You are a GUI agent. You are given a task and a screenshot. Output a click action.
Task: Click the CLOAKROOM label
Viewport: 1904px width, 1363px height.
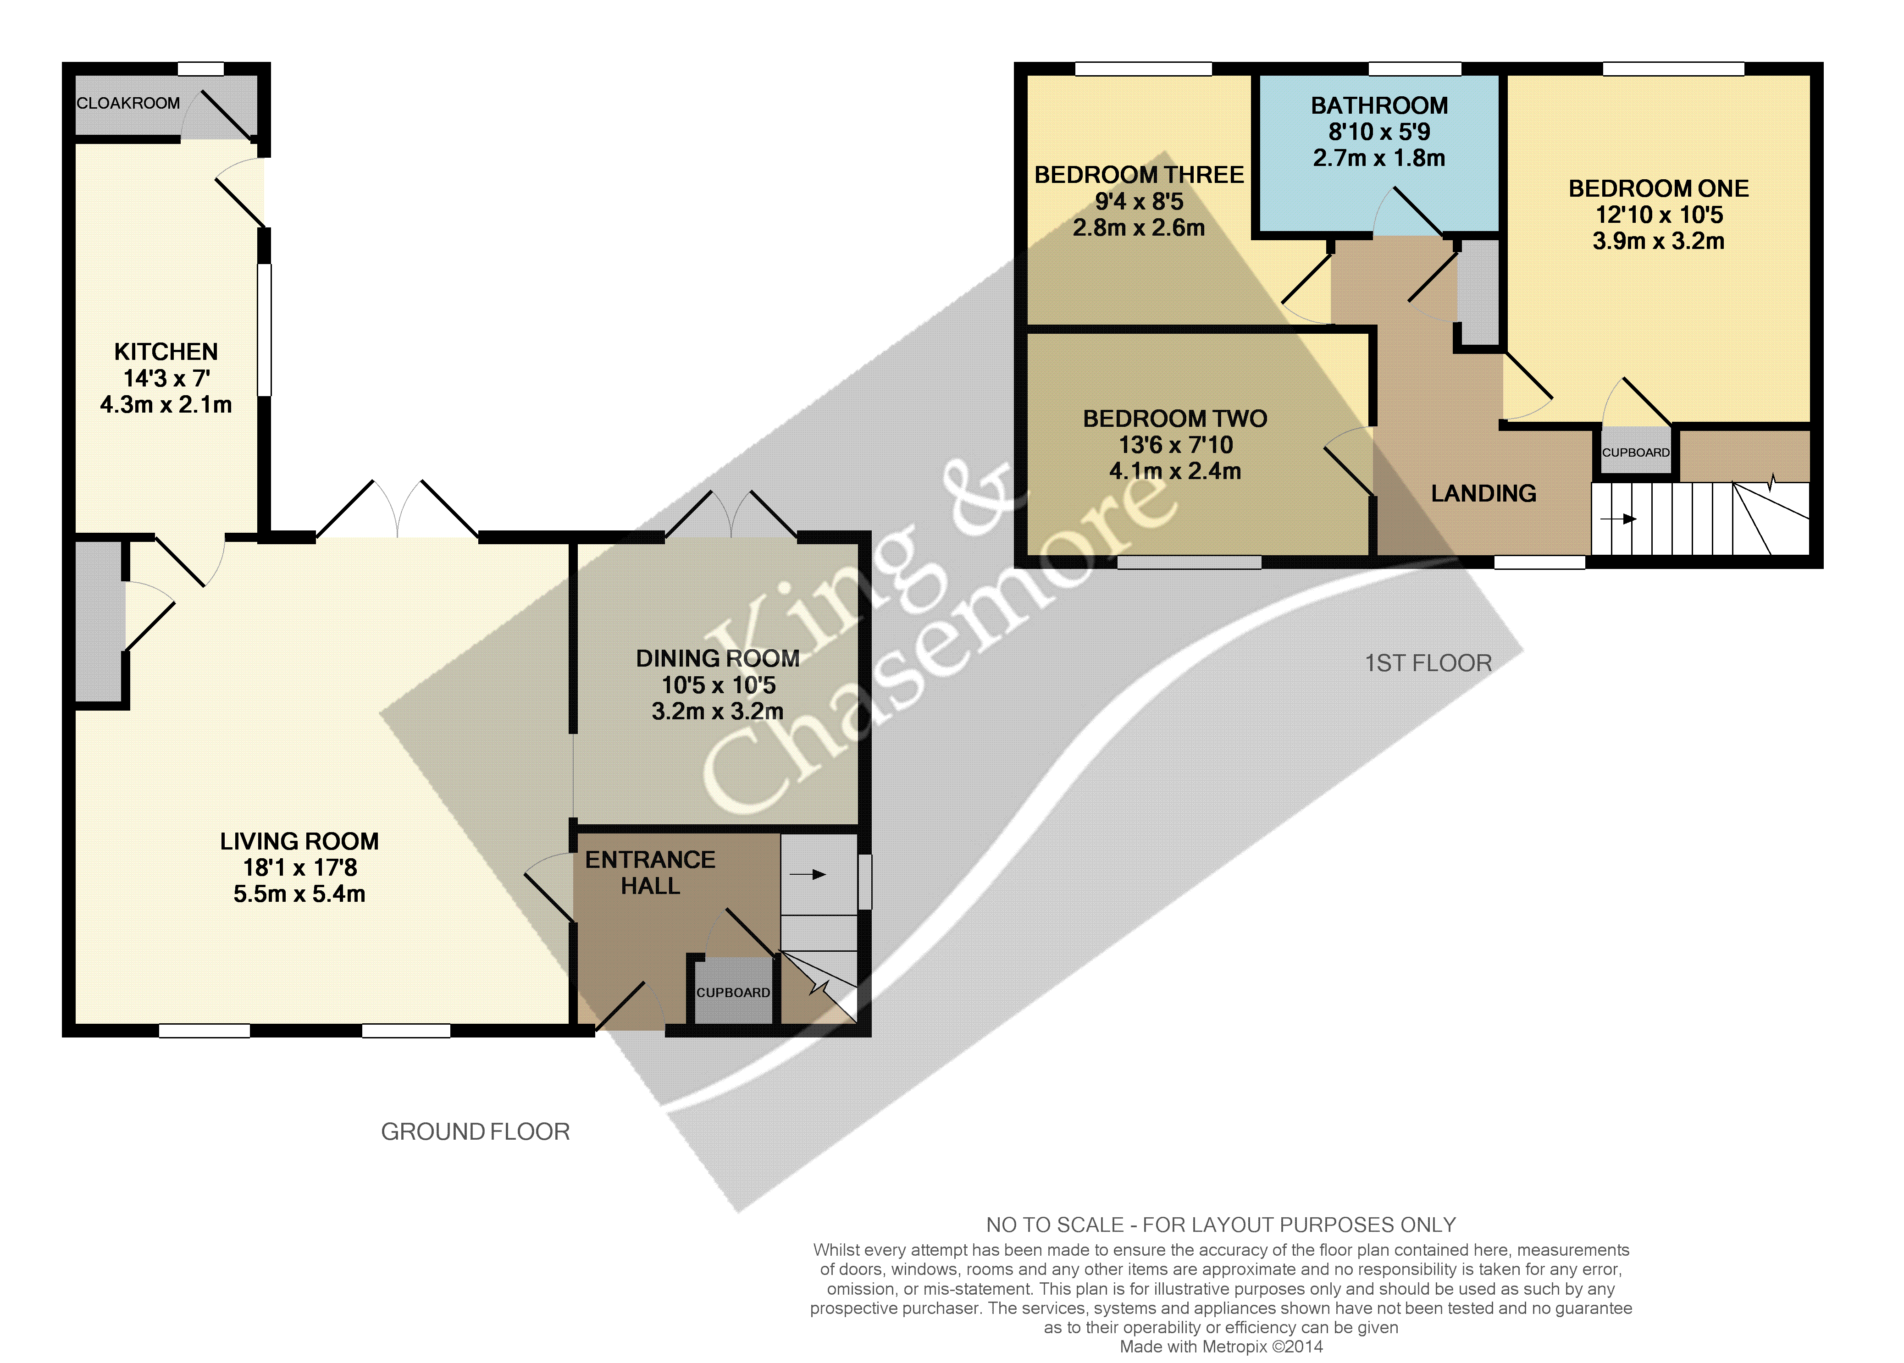coord(128,103)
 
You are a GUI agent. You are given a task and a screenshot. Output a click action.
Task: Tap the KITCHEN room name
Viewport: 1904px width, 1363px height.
coord(166,352)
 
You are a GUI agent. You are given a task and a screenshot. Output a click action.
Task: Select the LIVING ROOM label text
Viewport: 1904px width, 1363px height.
coord(300,841)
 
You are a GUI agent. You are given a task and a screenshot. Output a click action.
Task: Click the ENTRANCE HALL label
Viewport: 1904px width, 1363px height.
coord(651,873)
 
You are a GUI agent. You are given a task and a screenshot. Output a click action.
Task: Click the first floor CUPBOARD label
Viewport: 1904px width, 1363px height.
coord(1636,452)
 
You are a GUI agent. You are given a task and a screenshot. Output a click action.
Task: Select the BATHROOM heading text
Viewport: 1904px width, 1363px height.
coord(1379,106)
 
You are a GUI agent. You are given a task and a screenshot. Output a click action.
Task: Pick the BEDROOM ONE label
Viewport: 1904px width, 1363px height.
coord(1659,189)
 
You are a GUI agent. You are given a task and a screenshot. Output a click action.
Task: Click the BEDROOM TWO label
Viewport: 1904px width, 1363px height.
coord(1175,419)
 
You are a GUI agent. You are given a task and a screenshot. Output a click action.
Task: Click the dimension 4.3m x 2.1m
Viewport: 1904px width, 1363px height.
coord(166,404)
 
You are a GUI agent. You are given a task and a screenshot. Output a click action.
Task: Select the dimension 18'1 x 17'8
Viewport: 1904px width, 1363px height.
coord(300,868)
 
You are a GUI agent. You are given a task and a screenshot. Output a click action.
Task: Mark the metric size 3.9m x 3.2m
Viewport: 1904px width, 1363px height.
coord(1659,241)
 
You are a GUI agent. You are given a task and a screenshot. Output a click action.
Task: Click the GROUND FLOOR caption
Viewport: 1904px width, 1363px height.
coord(475,1132)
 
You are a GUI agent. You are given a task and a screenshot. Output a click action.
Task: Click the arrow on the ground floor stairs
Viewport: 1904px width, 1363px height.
coord(808,875)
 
